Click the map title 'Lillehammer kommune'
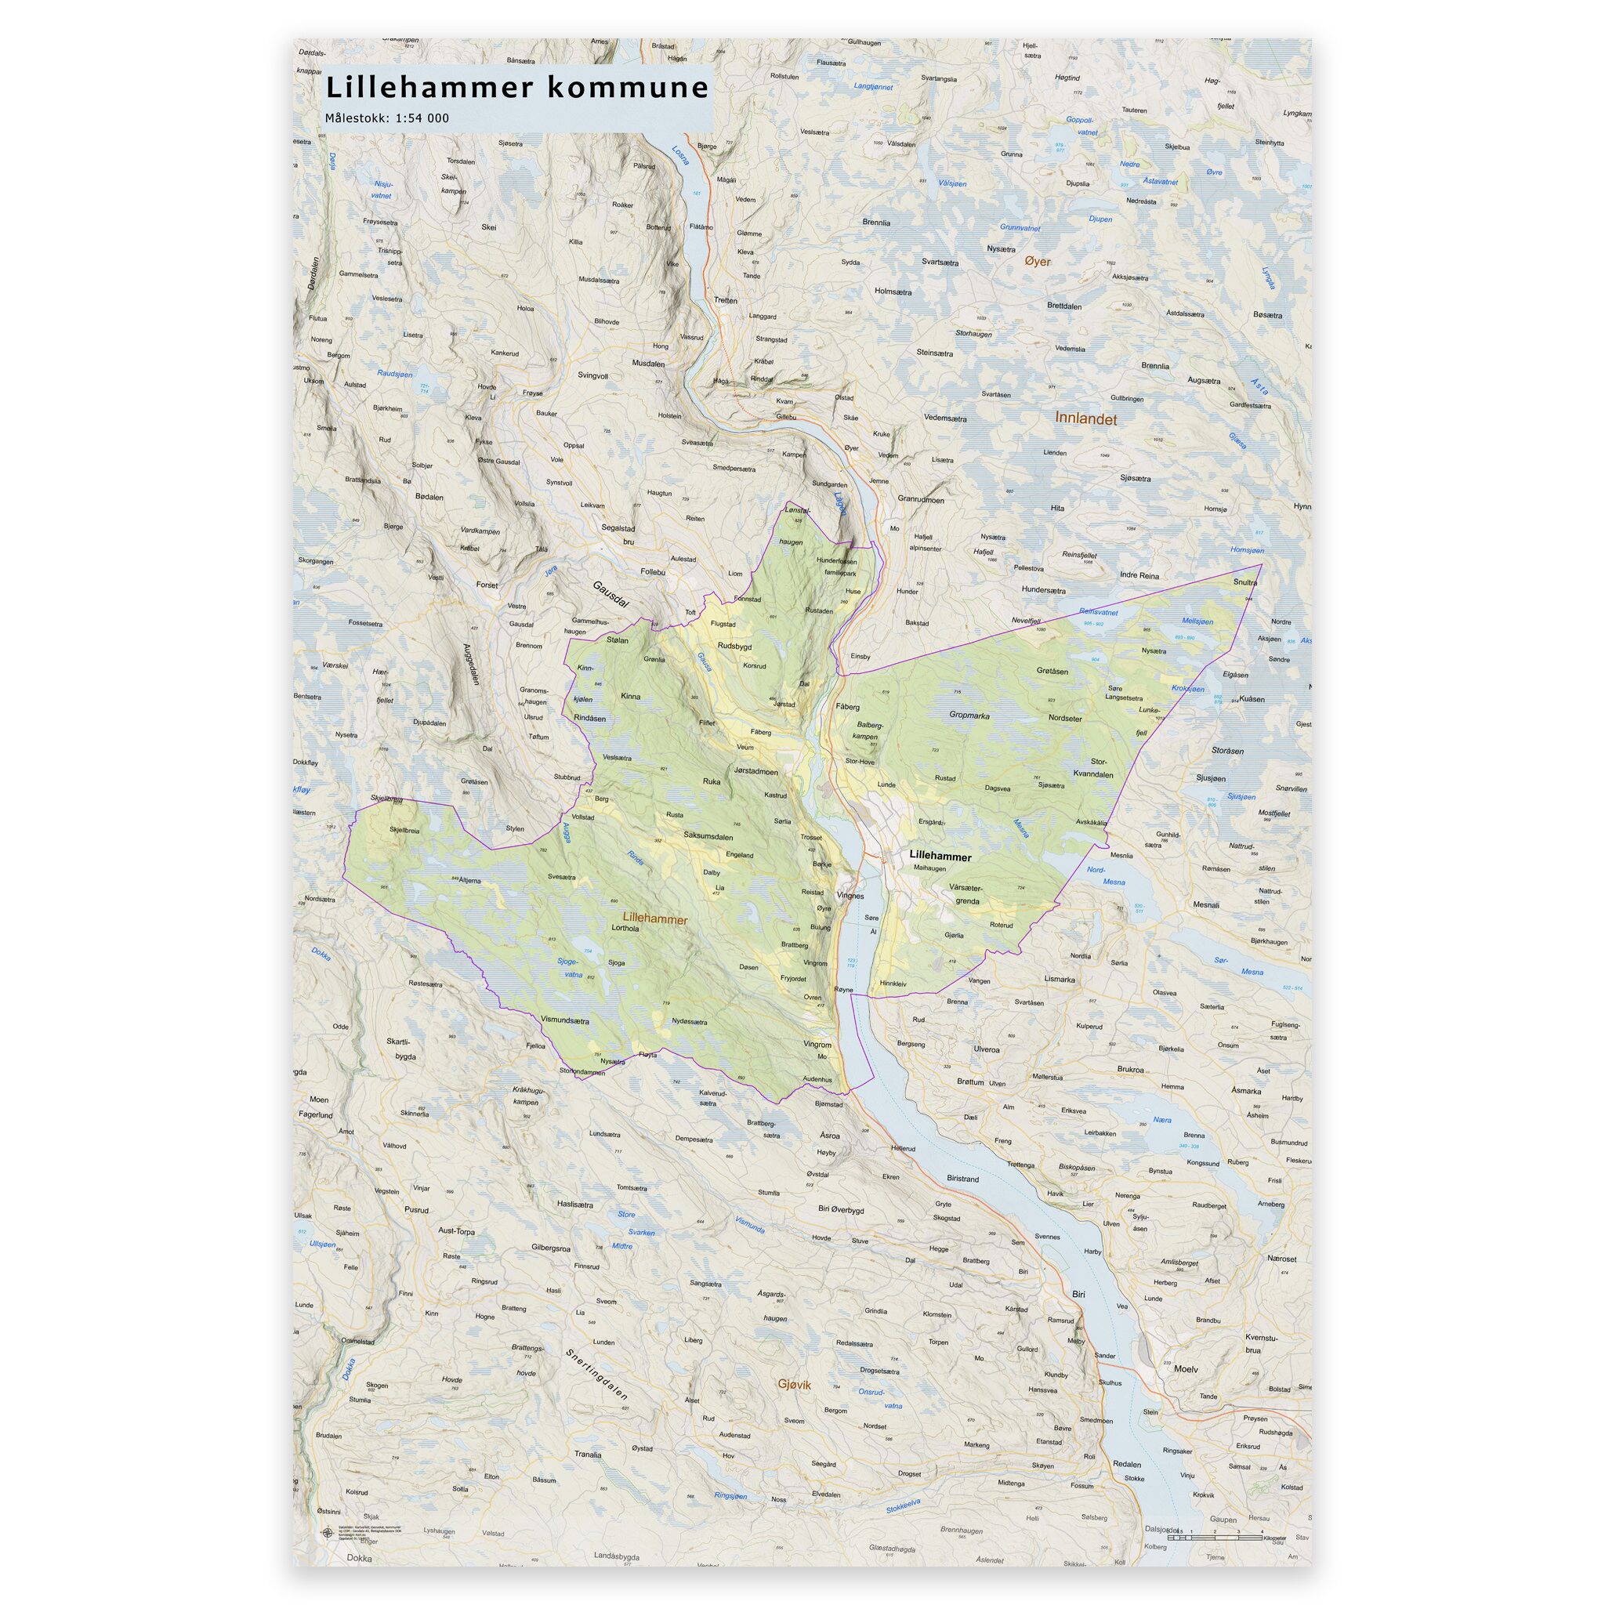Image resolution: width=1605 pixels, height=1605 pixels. (516, 87)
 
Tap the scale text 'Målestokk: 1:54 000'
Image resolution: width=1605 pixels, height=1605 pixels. (387, 118)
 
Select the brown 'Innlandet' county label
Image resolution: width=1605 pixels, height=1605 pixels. (1085, 419)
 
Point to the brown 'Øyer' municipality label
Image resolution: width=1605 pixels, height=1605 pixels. (1038, 261)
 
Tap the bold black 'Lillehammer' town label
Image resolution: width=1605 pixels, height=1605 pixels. (940, 854)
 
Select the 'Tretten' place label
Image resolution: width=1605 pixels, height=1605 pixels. (725, 301)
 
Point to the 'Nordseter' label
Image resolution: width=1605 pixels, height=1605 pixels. (1065, 718)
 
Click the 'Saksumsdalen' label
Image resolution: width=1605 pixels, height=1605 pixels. (708, 835)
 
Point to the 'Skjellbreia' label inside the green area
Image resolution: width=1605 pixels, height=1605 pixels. (404, 830)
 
